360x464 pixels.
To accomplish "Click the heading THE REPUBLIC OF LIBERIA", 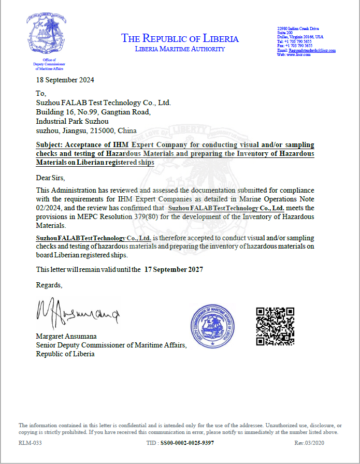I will (x=180, y=38).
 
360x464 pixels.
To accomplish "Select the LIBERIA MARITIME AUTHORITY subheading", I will (x=180, y=49).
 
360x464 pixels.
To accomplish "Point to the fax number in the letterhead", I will (x=295, y=46).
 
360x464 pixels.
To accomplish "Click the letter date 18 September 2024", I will (x=65, y=80).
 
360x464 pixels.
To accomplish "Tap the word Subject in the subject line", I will (x=50, y=145).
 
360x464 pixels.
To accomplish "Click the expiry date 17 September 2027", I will (x=174, y=269).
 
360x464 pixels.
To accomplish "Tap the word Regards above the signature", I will (x=49, y=285).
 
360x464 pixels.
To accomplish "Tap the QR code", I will (x=276, y=326).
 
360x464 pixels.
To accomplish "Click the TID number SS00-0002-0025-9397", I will (x=187, y=443).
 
